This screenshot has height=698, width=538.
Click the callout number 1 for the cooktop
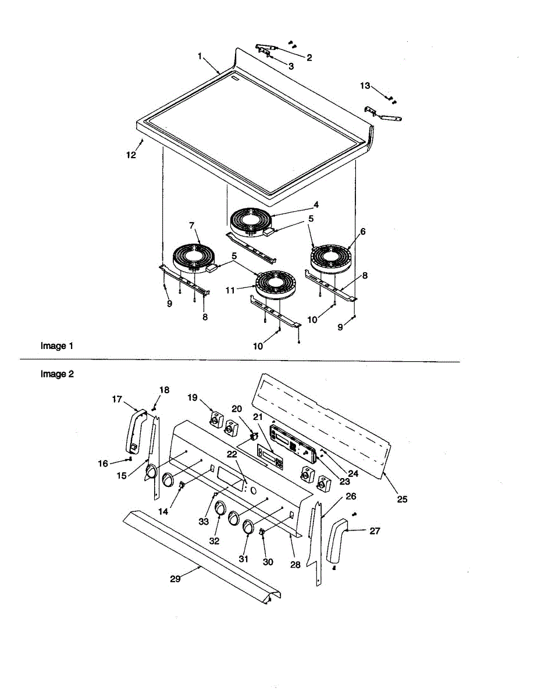tap(199, 56)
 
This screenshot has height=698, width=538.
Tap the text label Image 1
tap(57, 346)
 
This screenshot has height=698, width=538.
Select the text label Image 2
tap(57, 374)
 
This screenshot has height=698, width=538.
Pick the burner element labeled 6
tap(331, 258)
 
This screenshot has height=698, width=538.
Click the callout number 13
tap(365, 86)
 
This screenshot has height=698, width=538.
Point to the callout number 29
tap(176, 579)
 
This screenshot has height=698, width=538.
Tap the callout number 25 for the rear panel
tap(402, 498)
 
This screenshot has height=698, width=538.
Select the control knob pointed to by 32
tap(220, 508)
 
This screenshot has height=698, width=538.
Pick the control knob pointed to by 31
tap(248, 527)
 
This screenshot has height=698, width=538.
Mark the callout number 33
tap(204, 522)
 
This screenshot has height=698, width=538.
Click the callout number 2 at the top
tap(309, 58)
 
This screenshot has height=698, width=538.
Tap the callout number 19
tap(193, 397)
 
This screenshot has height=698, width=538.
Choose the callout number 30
tap(268, 562)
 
